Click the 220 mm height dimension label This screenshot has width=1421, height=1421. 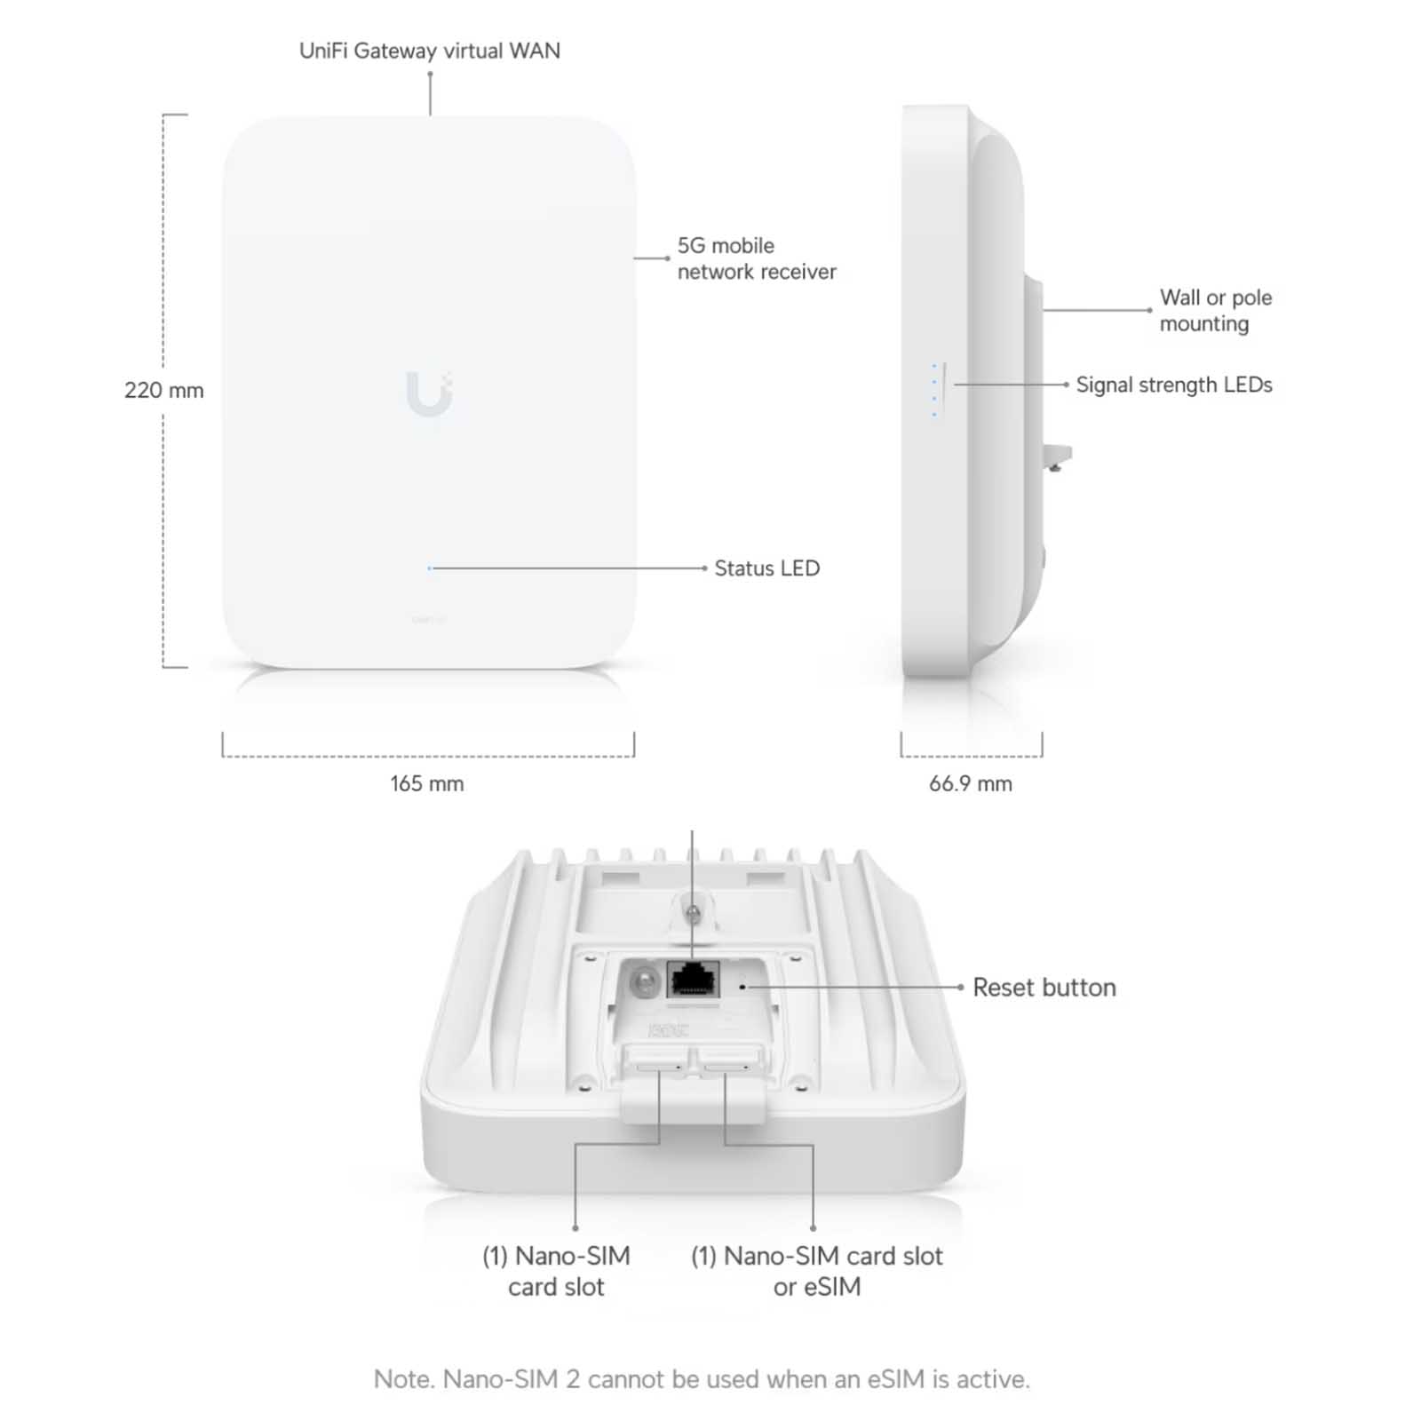164,390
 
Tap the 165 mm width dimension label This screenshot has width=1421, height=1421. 426,783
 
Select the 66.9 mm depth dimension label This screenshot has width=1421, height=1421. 971,783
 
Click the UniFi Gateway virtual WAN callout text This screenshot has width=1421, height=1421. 430,51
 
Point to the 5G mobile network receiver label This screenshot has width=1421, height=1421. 757,258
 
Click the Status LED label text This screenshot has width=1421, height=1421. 767,568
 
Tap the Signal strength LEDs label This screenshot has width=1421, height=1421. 1174,385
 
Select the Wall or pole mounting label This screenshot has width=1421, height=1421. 1216,310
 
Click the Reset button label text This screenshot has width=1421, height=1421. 1044,988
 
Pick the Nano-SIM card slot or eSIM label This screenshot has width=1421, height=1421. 817,1271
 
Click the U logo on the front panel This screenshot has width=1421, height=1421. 430,393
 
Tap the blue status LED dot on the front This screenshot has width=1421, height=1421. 430,568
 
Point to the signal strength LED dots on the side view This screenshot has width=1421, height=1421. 934,390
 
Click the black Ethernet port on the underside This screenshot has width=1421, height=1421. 693,980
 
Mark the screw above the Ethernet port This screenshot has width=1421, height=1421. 694,912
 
